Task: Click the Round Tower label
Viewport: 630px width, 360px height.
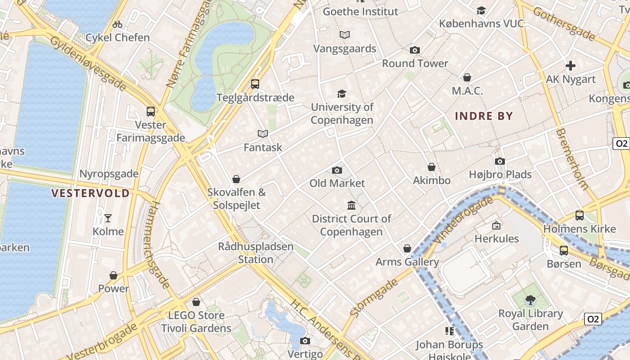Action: click(x=415, y=63)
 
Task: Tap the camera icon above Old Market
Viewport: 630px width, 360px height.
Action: click(x=337, y=170)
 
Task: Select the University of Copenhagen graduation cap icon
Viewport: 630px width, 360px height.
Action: click(x=342, y=94)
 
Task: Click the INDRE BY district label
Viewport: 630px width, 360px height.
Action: click(x=484, y=116)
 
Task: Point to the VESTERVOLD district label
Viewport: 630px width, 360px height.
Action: click(x=90, y=193)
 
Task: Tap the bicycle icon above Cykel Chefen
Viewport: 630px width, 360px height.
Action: click(x=117, y=24)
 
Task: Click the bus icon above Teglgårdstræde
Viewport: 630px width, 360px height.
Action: click(x=255, y=84)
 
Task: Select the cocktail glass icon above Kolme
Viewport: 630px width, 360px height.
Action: click(x=108, y=218)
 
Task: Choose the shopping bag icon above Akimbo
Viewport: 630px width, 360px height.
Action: click(x=432, y=167)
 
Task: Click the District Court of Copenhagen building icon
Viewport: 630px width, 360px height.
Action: click(x=351, y=206)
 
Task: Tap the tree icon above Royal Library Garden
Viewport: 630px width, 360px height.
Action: click(x=531, y=300)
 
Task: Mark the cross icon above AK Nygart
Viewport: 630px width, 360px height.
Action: click(x=571, y=66)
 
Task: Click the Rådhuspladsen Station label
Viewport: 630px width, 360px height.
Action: click(x=256, y=253)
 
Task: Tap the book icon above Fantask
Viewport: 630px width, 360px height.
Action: click(x=263, y=134)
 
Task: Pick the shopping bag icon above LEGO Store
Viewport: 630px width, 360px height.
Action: click(x=196, y=302)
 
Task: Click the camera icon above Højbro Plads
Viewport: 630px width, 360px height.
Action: click(x=500, y=161)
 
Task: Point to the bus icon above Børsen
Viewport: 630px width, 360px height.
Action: click(x=564, y=251)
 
